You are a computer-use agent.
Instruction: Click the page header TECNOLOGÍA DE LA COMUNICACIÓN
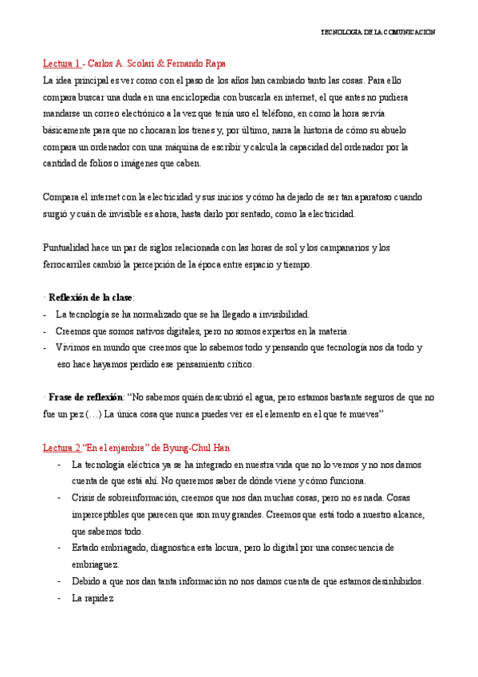click(377, 32)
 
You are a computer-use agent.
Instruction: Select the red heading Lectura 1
click(61, 63)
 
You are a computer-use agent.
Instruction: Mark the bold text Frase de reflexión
click(86, 398)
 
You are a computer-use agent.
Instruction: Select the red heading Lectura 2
click(61, 448)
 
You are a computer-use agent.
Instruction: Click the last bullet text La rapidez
click(93, 598)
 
